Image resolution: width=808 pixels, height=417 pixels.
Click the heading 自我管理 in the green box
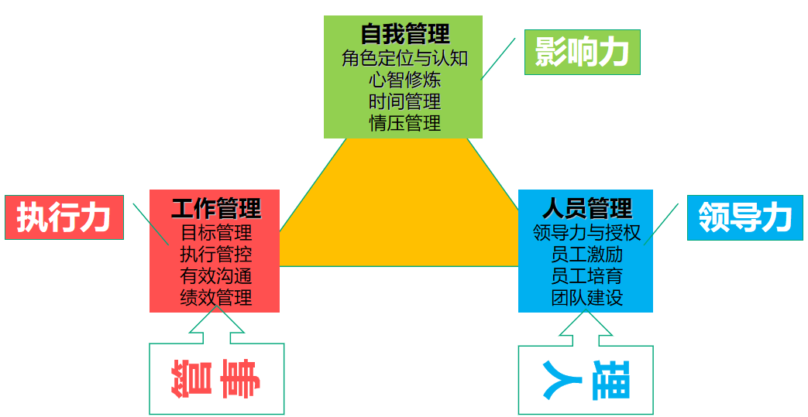[x=404, y=34]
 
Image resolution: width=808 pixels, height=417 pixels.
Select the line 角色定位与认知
[x=404, y=58]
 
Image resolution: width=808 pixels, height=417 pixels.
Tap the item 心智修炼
[x=404, y=80]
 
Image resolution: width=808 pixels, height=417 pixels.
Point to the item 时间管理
[x=404, y=101]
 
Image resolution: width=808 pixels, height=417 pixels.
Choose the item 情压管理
[x=404, y=123]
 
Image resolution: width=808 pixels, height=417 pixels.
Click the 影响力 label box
[x=582, y=53]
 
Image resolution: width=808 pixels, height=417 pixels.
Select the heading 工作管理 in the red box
[x=215, y=208]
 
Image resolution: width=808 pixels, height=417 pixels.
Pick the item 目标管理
[x=215, y=232]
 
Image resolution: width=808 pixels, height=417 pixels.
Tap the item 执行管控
[x=215, y=254]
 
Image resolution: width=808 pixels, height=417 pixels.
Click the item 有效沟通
[x=215, y=275]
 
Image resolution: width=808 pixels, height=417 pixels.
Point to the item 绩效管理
[x=215, y=297]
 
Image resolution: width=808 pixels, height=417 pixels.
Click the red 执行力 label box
[x=64, y=217]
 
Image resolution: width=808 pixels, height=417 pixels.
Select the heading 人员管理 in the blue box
[x=586, y=208]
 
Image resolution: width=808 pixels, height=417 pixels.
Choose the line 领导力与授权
[x=586, y=232]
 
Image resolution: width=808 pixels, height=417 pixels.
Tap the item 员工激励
[x=586, y=254]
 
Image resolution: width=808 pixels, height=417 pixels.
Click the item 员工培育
[x=586, y=275]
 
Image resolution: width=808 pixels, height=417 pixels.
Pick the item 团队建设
[x=586, y=297]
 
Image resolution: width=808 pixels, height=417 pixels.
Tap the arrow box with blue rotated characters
[x=586, y=379]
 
